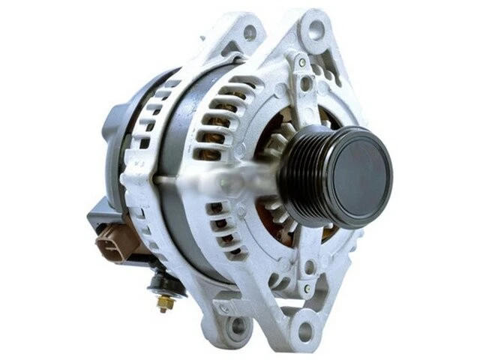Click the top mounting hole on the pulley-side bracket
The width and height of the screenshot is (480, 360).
316,29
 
